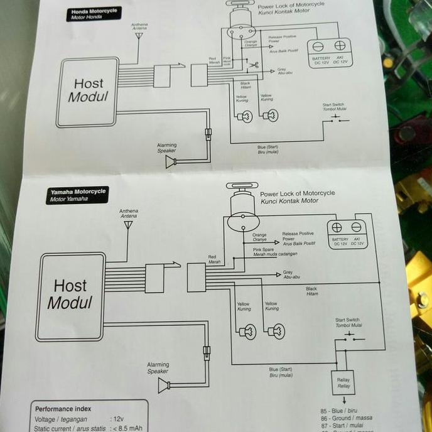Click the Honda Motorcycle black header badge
coord(93,14)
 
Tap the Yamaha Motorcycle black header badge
coord(77,195)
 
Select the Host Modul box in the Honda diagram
coord(87,92)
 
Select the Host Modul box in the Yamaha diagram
coord(69,296)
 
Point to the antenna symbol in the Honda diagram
coord(139,36)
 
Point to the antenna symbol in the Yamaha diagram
coord(128,223)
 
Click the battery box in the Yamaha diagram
coord(349,235)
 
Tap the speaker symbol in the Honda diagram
coord(170,162)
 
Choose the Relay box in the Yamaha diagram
coord(343,382)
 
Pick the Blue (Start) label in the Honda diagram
coord(268,149)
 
